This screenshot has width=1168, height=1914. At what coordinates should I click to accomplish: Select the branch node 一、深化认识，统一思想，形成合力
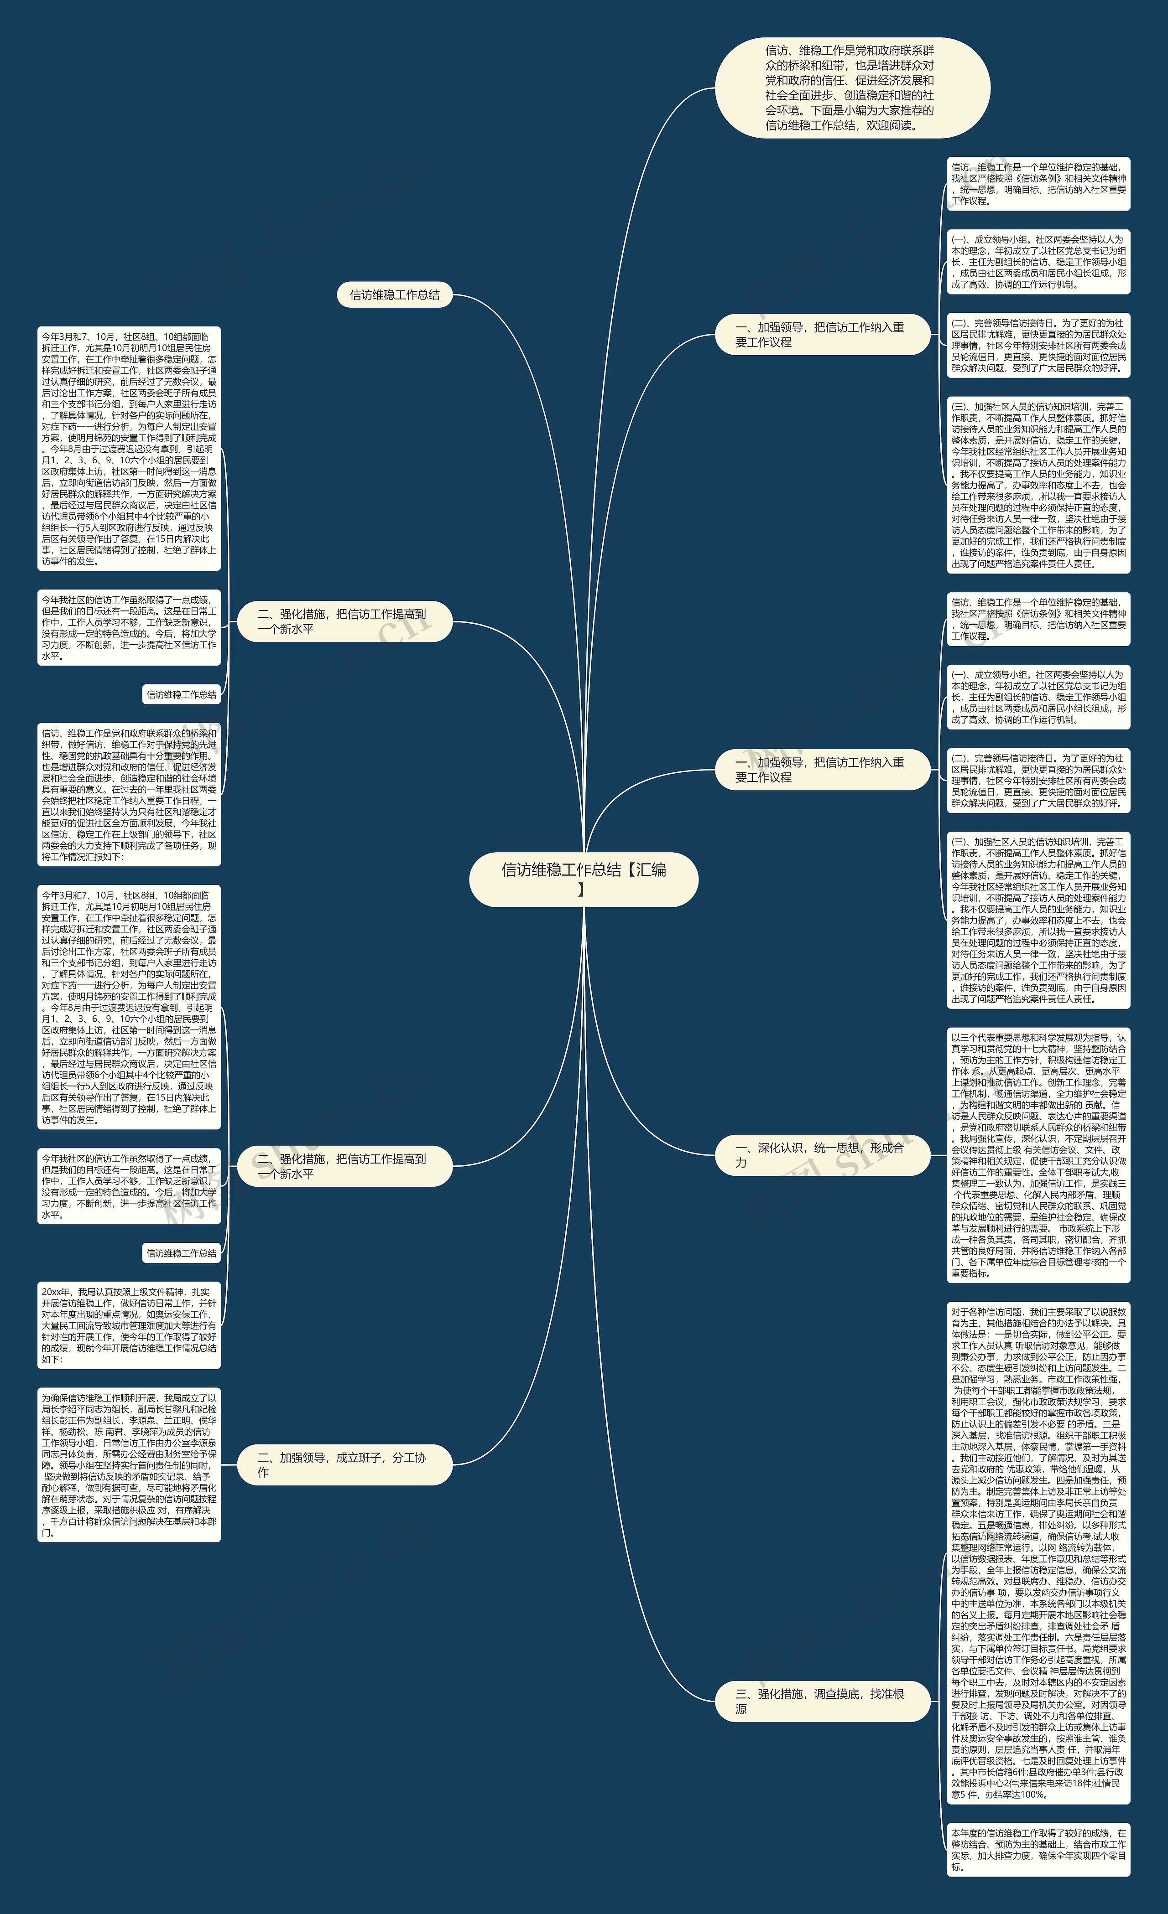[821, 1154]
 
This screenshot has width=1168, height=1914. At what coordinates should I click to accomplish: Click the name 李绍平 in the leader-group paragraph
[75, 1409]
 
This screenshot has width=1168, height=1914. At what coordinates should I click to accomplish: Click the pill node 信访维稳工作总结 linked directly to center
[394, 295]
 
